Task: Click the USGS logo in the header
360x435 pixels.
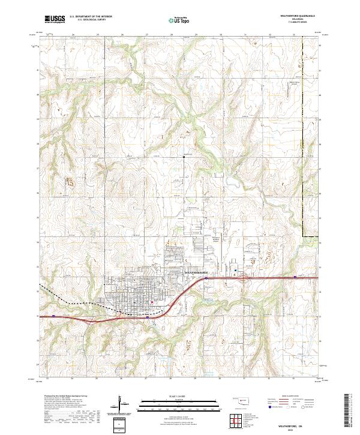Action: tap(55, 20)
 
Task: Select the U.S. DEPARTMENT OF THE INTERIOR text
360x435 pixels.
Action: tap(91, 17)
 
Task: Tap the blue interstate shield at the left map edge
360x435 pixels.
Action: tap(54, 315)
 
